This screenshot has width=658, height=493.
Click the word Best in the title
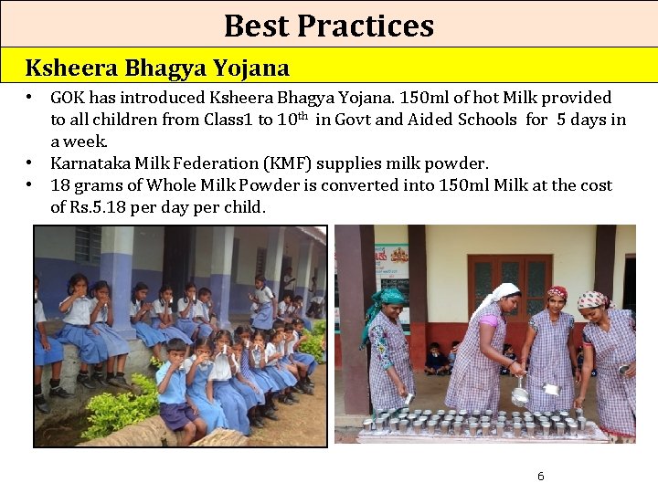255,26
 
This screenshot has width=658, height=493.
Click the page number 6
540,477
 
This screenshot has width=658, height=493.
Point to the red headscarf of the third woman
557,293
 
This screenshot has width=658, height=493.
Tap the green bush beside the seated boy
114,411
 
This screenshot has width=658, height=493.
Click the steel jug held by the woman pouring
519,395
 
